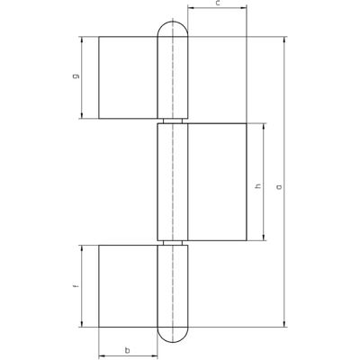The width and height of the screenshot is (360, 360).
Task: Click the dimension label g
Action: [76, 76]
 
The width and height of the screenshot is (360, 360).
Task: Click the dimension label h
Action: [258, 186]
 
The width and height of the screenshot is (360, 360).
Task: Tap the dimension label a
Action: [280, 187]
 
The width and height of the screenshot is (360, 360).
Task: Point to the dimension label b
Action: [128, 350]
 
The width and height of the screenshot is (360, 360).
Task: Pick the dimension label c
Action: [218, 4]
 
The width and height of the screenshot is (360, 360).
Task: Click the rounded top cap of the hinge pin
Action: [173, 28]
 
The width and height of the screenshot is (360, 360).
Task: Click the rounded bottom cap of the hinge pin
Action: [173, 335]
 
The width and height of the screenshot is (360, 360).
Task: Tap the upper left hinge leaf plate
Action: [128, 77]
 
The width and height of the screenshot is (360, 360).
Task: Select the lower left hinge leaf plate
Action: [128, 286]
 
